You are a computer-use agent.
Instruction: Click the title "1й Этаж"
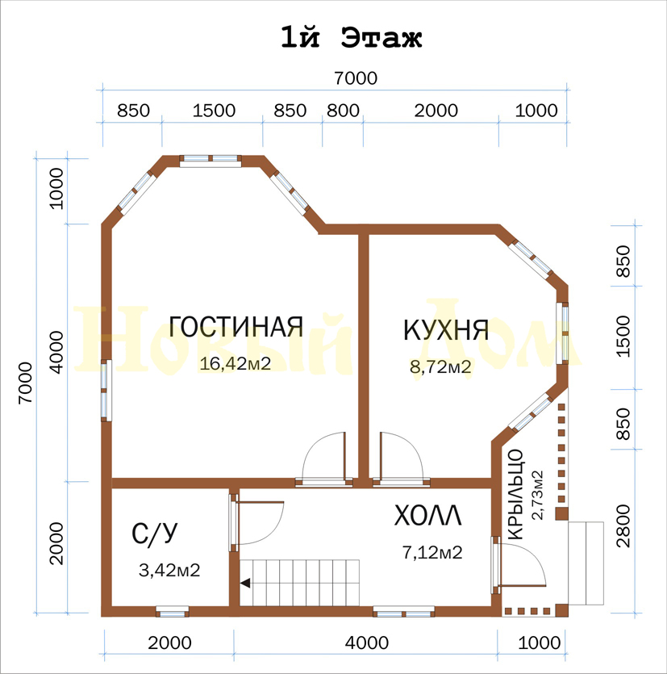352,37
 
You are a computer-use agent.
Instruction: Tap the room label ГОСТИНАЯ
236,327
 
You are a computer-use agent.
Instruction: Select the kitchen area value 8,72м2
440,367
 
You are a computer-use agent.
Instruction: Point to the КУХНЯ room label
446,330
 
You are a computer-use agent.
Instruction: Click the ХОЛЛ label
427,516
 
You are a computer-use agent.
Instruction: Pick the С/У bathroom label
155,534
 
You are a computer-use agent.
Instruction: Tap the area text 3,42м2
169,571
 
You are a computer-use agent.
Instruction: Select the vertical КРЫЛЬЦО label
515,494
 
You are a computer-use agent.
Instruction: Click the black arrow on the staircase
245,584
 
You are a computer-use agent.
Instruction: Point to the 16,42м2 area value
236,364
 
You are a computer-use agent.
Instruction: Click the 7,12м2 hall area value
432,552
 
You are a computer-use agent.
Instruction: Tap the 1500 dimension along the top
214,111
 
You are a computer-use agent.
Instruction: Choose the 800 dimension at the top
343,111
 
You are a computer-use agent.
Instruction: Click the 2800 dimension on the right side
623,525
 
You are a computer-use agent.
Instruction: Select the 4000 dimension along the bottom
367,643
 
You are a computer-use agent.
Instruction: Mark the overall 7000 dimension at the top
356,78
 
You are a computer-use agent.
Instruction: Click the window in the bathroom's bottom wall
173,611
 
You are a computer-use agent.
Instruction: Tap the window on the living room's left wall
106,391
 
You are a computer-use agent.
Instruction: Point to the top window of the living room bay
211,161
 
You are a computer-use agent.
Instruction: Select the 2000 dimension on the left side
56,544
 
